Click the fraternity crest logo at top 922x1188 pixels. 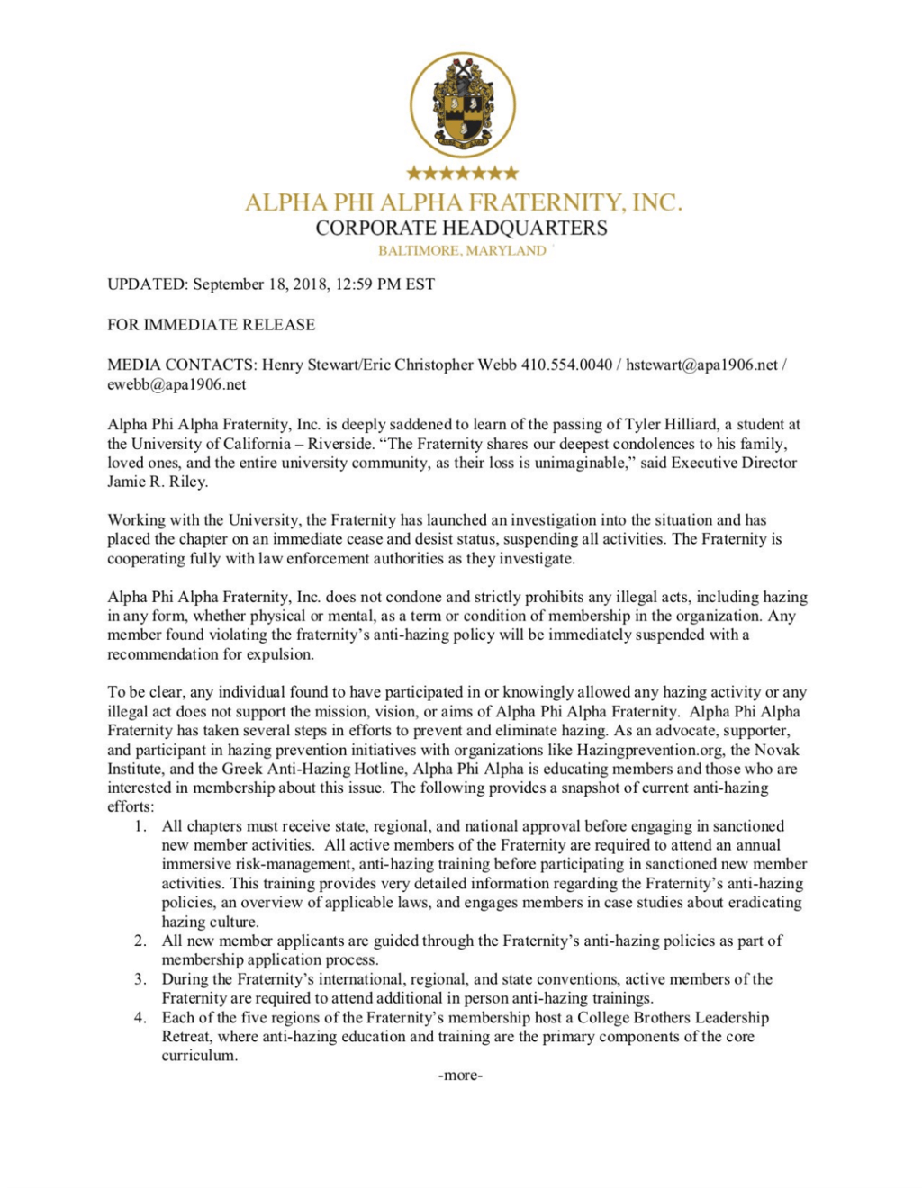pos(462,104)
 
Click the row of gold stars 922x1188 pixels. pos(462,172)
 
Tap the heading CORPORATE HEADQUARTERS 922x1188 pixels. pos(461,228)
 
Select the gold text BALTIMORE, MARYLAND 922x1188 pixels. pos(461,250)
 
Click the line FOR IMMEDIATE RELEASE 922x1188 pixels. pos(211,324)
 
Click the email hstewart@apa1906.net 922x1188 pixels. pos(701,364)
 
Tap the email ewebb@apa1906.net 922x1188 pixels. pos(176,384)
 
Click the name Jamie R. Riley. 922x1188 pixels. pos(158,481)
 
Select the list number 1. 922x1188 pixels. pos(140,826)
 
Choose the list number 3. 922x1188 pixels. pos(140,979)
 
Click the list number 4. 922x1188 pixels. pos(140,1018)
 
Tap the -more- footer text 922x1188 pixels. pos(460,1075)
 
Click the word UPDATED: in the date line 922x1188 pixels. pos(148,284)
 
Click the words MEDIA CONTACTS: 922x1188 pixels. pos(182,364)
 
